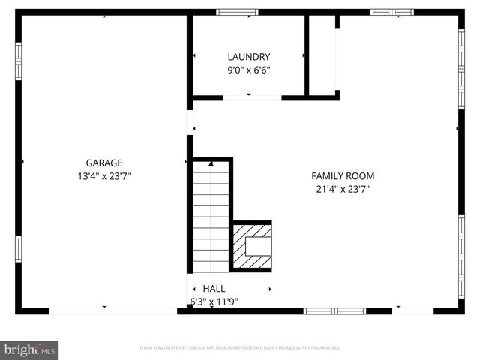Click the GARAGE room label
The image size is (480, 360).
103,162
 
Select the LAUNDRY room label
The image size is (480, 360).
249,57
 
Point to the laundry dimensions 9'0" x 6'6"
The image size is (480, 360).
249,70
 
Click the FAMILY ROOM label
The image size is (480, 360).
343,176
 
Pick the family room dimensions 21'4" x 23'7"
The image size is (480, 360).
343,190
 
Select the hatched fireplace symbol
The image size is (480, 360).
251,246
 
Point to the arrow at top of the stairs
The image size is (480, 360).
211,163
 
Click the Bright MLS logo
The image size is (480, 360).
30,349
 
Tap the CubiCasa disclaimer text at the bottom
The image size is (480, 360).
240,348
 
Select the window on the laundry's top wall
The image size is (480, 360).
237,12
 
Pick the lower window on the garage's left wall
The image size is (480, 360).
19,248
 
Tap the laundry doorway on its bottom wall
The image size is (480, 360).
252,97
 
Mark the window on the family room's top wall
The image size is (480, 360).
392,12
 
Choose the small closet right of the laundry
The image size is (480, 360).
323,56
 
